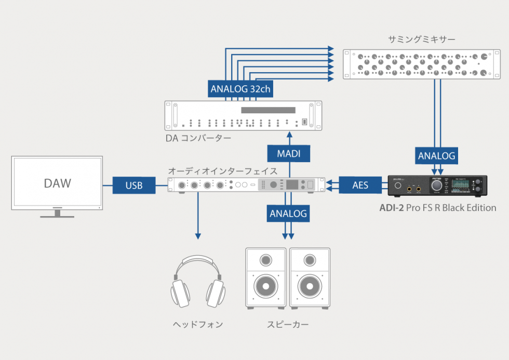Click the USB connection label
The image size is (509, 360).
tap(135, 185)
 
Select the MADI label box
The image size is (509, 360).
tap(289, 154)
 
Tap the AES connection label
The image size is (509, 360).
tap(360, 185)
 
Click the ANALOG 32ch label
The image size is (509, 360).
tap(240, 89)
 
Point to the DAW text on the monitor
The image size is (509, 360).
tap(58, 183)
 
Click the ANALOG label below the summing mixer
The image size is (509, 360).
tap(436, 155)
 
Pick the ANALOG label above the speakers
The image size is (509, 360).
tap(288, 213)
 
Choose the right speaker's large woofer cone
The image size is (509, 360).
tap(310, 286)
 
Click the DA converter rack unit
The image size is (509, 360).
tap(243, 115)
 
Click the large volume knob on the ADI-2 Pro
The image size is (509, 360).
tap(437, 185)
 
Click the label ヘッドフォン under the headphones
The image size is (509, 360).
tap(198, 325)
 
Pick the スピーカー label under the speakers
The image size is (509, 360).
tap(288, 325)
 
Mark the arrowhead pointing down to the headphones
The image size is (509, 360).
tap(198, 236)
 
